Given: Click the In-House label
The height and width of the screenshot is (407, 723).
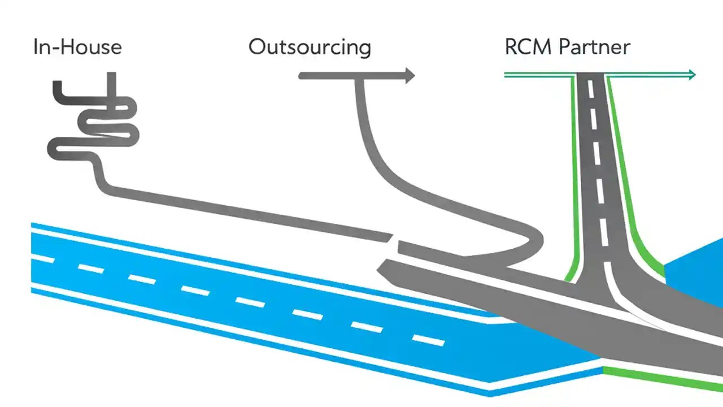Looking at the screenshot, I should coord(77,46).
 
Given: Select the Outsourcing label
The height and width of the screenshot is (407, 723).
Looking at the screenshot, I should coord(310,47).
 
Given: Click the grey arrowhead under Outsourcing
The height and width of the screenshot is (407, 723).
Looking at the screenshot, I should coord(409,76).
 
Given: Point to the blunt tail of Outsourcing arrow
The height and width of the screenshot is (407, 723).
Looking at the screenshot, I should coord(302,76).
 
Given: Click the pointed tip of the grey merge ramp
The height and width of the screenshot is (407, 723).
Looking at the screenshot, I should coord(380,265).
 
